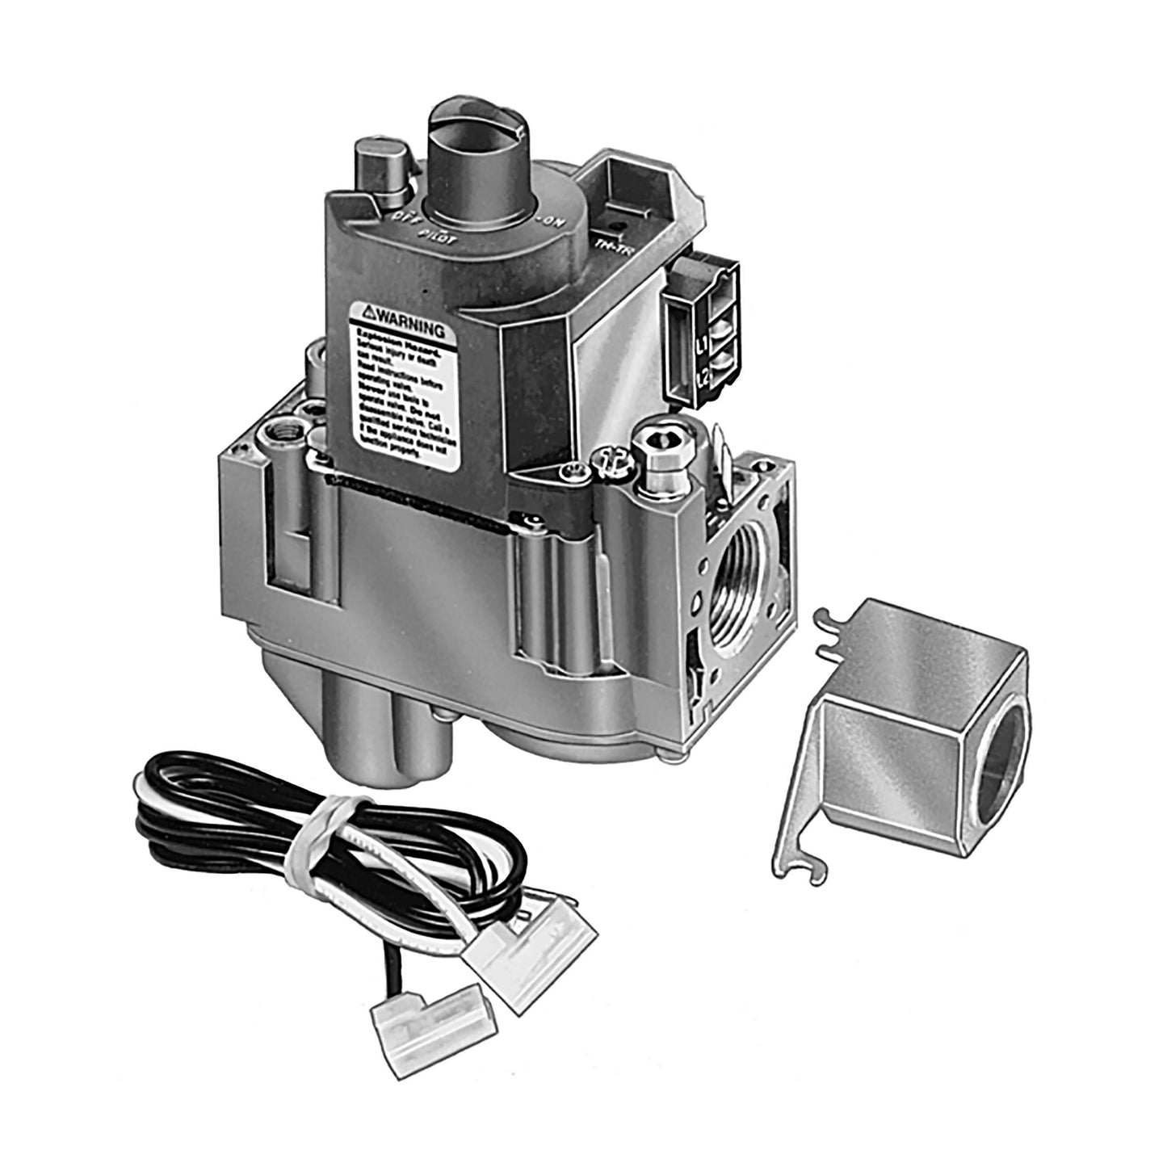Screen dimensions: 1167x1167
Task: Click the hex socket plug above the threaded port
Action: (655, 443)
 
